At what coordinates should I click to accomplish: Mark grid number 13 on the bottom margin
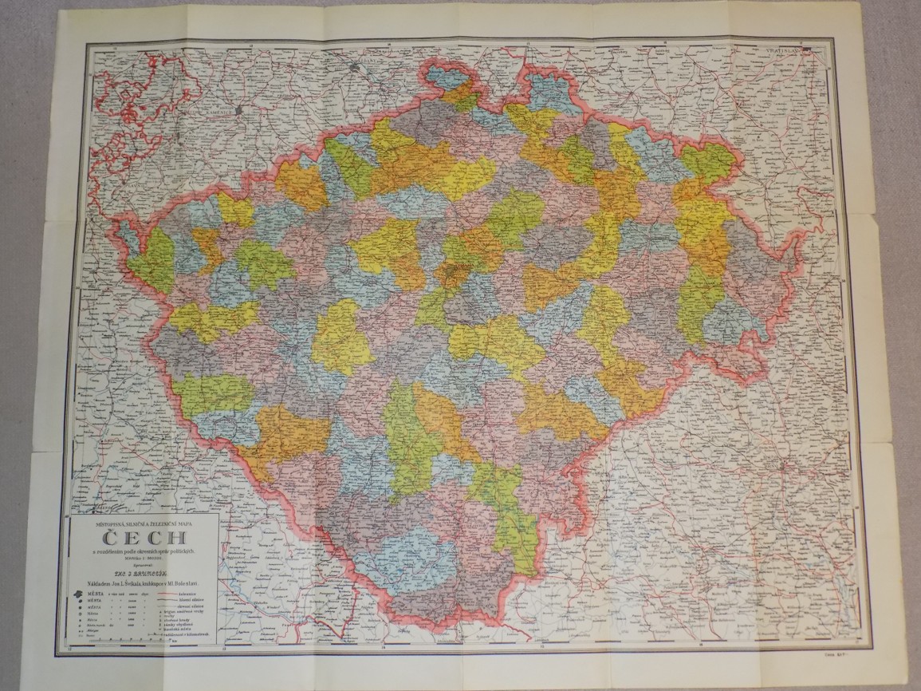77,647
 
